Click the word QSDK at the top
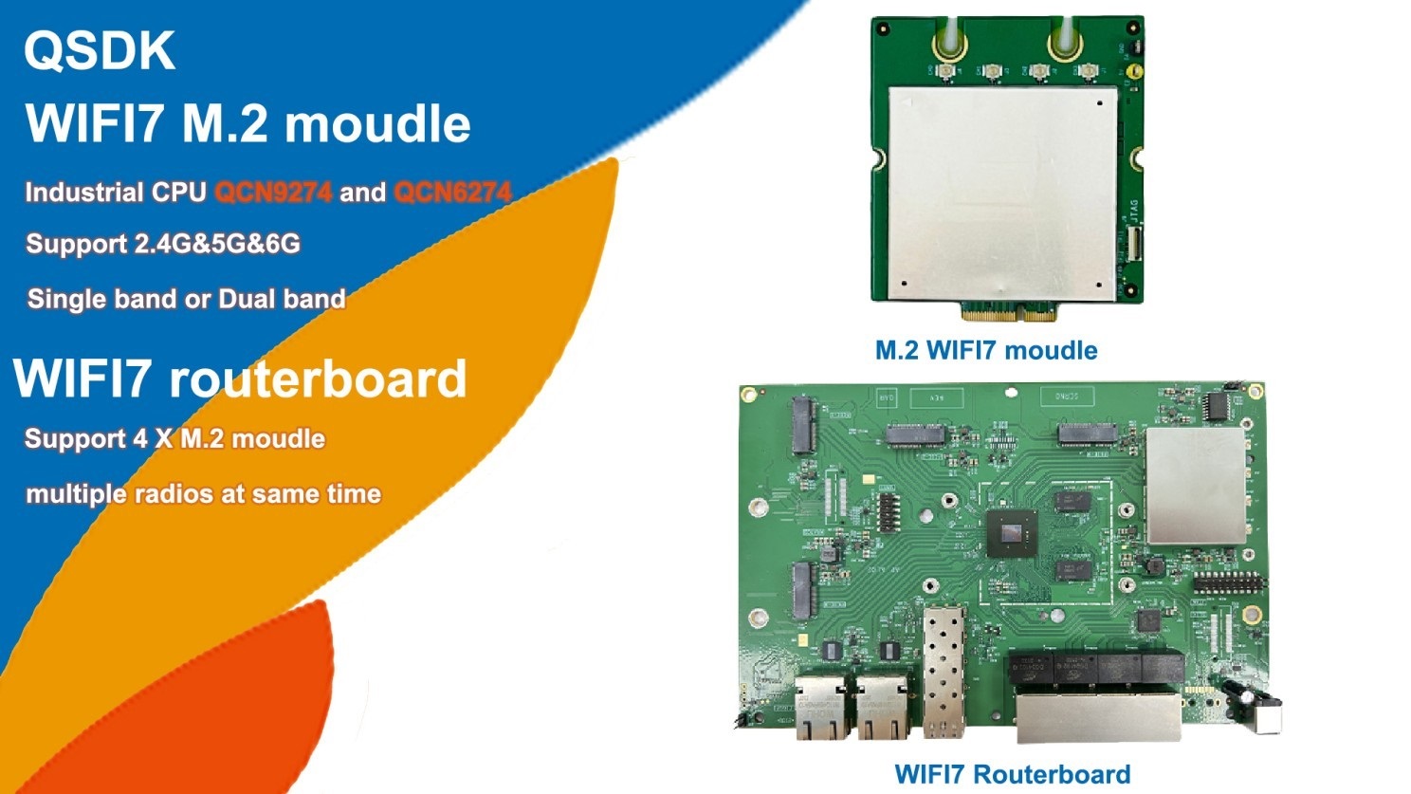point(100,50)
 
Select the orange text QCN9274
point(273,193)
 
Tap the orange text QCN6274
point(452,193)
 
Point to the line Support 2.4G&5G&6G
point(163,244)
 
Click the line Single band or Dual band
point(187,299)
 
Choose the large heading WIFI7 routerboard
point(240,379)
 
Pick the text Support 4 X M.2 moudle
point(175,438)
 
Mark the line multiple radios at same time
point(204,494)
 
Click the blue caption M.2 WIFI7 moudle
point(986,350)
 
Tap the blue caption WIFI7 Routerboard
point(1013,774)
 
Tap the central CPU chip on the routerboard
point(1013,534)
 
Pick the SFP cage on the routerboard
point(944,672)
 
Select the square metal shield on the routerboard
point(1197,486)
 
